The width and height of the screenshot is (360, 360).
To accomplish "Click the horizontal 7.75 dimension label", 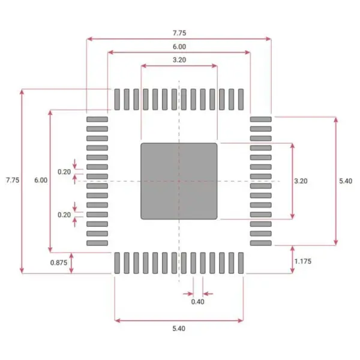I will coord(179,32).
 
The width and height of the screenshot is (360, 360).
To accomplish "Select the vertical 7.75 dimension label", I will coord(13,180).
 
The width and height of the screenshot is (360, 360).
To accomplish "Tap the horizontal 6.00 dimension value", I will coord(179,46).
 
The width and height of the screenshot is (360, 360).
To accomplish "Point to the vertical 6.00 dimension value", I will coord(41,180).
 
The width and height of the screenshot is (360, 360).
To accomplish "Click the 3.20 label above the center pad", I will coord(179,60).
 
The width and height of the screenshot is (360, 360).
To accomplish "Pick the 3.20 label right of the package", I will coord(301,180).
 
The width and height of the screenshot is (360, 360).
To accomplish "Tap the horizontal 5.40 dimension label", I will coord(179,328).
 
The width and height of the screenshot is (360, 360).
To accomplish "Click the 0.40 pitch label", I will coord(197,302).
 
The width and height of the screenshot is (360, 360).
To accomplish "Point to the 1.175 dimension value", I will coord(302,262).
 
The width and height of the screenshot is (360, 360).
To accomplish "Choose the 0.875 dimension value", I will coord(58,262).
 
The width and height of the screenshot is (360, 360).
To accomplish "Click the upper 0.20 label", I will coord(64,172).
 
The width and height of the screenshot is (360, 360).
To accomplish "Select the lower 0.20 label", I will coord(64,214).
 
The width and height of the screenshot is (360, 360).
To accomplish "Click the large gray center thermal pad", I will coord(179,181).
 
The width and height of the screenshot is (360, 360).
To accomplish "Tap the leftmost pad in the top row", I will coord(118,99).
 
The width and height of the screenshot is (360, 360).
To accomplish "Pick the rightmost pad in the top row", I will coord(241,99).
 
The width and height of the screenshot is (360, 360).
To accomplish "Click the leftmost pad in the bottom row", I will coord(118,263).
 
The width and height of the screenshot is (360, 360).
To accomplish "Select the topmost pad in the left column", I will coord(97,119).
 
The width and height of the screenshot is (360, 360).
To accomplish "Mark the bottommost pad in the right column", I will coord(261,243).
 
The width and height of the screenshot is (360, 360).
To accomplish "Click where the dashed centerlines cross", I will coord(179,181).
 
